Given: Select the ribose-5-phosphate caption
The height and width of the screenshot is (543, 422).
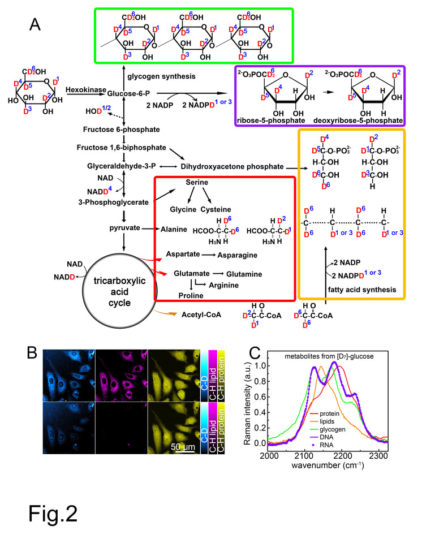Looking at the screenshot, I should point(272,120).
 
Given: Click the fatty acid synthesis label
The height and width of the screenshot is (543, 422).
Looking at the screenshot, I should point(358,290).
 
